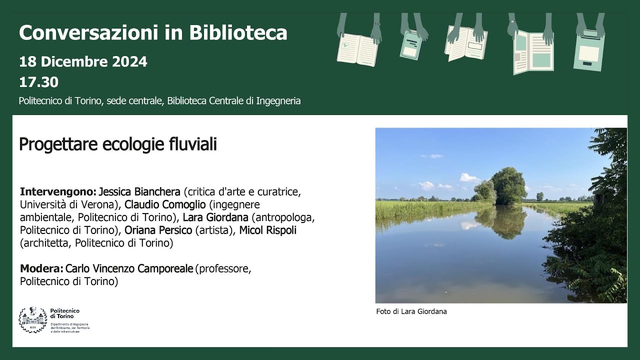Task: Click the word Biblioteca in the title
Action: click(238, 33)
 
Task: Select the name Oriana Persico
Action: click(158, 230)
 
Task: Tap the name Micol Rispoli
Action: click(267, 230)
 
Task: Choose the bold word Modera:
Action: click(41, 269)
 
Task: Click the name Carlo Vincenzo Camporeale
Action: click(129, 269)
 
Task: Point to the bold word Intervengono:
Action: click(58, 192)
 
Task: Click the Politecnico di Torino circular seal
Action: click(32, 320)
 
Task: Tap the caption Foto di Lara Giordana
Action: click(411, 311)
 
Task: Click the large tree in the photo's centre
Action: click(507, 185)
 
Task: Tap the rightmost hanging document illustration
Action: click(589, 49)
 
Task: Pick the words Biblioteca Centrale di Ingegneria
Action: click(234, 101)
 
